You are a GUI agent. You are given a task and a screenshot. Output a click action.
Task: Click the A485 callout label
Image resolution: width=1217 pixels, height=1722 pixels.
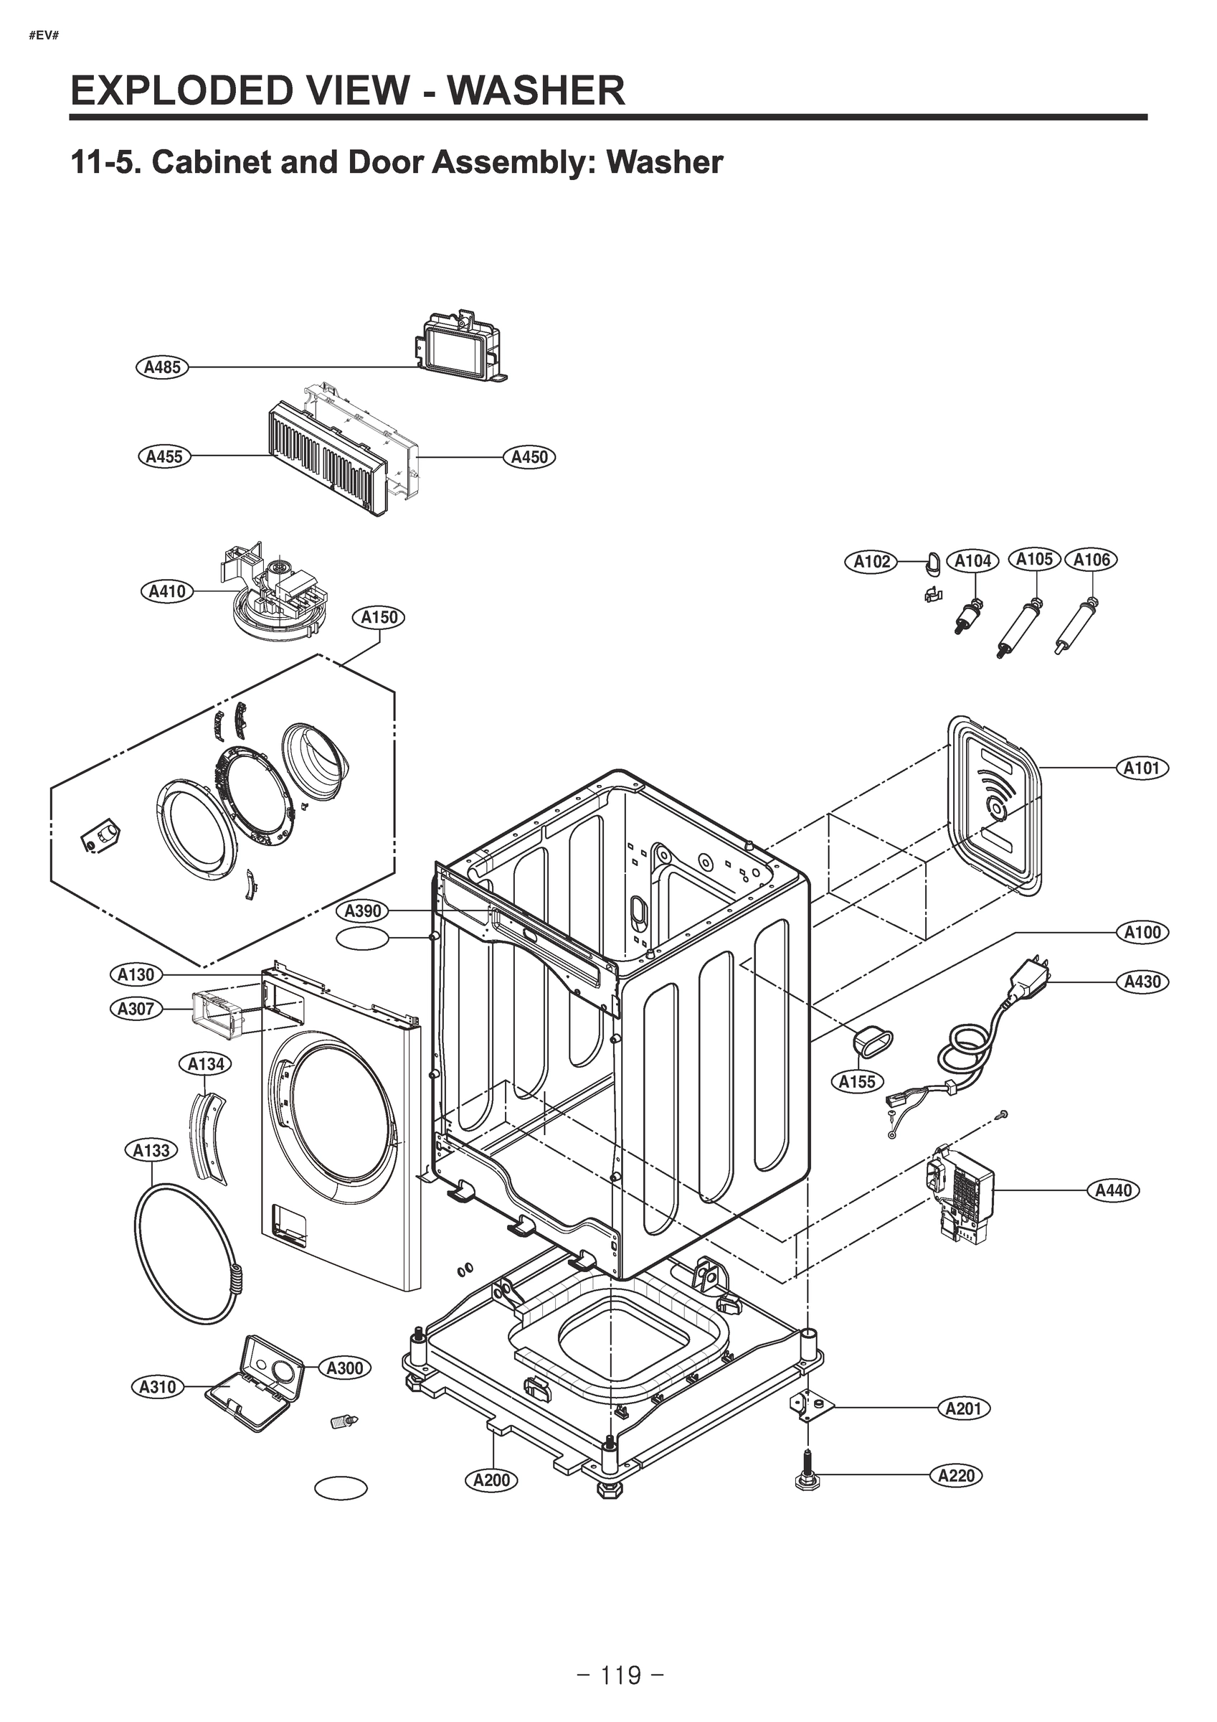coord(162,367)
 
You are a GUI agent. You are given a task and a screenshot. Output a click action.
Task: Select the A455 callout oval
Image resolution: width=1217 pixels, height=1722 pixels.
coord(164,456)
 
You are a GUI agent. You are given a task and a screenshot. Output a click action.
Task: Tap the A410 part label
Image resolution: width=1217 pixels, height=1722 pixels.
coord(166,592)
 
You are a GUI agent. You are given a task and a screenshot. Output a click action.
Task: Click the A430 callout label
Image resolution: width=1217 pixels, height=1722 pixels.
coord(1142,982)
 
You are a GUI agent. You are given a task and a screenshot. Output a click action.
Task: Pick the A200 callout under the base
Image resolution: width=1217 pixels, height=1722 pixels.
coord(492,1479)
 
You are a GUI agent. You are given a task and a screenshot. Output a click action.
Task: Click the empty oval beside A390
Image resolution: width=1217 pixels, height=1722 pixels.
coord(363,939)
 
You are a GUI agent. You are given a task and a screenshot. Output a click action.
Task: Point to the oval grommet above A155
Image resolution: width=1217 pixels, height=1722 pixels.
coord(872,1042)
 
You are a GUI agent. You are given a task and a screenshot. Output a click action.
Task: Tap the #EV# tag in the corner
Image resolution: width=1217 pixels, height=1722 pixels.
coord(44,36)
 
